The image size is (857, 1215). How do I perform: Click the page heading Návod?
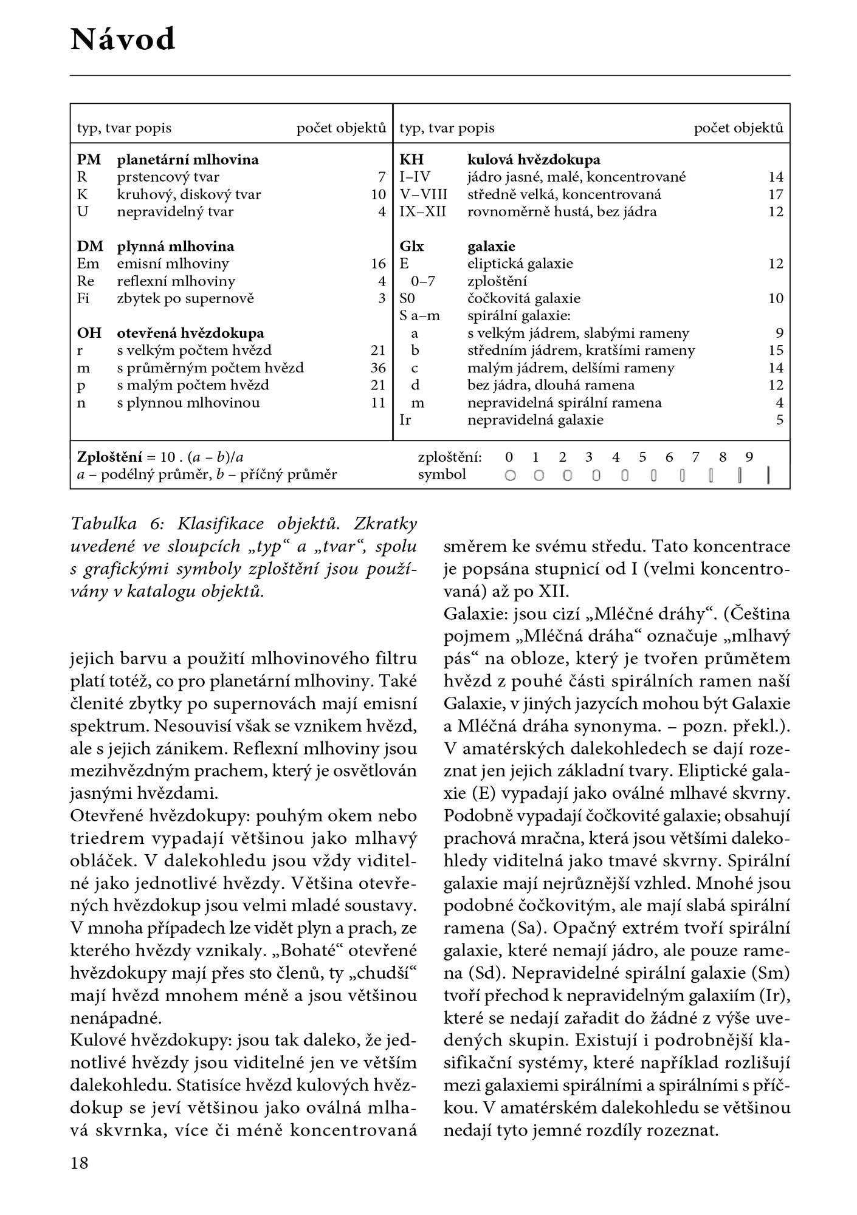123,40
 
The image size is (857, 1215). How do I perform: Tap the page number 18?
80,1163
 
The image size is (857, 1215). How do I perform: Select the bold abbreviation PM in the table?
89,160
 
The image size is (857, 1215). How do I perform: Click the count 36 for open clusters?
378,368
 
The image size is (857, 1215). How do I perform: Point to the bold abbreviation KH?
411,160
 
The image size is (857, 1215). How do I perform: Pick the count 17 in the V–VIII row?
776,194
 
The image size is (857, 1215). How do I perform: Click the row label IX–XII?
422,211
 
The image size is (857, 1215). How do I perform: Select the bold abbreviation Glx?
411,246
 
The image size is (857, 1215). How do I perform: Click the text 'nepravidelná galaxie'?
535,420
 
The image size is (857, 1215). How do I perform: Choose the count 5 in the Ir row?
780,420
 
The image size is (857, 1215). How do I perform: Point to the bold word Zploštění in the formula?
109,457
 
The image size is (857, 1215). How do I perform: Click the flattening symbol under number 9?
768,475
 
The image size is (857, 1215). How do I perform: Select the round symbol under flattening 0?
510,476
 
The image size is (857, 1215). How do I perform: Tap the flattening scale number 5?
642,457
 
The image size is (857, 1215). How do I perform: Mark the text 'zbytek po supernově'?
185,298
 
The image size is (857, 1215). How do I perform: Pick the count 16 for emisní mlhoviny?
378,264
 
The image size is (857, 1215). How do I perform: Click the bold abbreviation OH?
89,333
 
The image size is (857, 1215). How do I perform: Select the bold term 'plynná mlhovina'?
176,246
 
